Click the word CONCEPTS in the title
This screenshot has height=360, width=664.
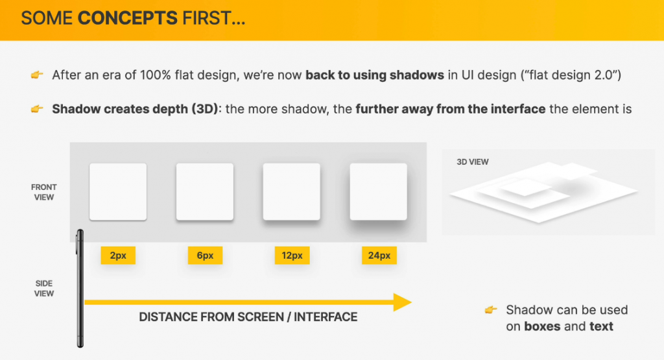[128, 18]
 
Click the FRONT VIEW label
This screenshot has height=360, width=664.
[43, 192]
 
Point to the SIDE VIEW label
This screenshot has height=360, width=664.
[44, 289]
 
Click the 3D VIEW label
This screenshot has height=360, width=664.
[473, 162]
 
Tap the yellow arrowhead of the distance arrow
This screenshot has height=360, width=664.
[402, 302]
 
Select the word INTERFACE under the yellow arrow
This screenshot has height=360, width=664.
[326, 317]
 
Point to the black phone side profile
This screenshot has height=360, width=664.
[80, 289]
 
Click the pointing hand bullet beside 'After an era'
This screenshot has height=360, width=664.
[37, 75]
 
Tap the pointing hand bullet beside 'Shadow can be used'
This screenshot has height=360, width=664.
[491, 310]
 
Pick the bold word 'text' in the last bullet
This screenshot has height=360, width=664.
[601, 326]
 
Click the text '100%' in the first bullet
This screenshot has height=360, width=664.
[155, 75]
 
